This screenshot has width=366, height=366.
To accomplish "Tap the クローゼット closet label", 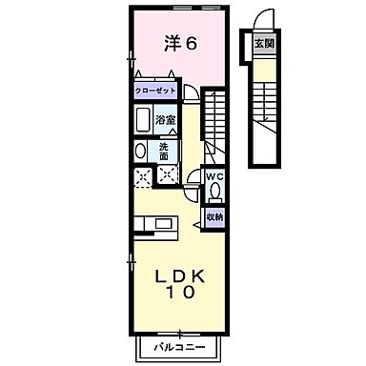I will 155,90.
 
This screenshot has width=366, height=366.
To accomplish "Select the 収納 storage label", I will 215,217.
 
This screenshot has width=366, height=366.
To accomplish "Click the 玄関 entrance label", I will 262,44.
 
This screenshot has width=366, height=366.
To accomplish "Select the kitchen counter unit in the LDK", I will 152,225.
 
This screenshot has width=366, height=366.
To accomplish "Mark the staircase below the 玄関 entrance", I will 263,105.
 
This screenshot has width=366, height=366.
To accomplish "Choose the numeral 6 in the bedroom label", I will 192,43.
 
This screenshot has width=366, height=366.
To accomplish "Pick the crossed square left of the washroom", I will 142,174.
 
